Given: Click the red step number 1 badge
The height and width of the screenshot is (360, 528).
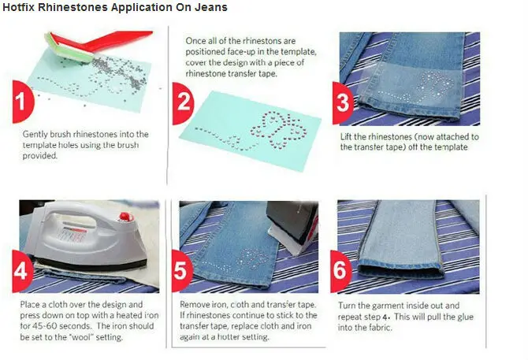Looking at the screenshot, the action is tap(22, 102).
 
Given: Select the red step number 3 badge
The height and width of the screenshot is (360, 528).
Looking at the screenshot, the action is tap(342, 103).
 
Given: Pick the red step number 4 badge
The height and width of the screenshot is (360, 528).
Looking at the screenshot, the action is tap(22, 271).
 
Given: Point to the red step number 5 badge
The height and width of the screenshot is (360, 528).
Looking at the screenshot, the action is tap(181, 271).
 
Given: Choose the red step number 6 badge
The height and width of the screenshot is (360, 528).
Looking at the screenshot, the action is tap(340, 271).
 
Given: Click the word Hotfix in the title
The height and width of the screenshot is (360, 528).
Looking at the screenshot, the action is tap(18, 7).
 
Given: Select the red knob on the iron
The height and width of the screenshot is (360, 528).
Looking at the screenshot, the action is tap(125, 217).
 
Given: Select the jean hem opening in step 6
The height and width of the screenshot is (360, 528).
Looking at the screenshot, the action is tap(400, 270).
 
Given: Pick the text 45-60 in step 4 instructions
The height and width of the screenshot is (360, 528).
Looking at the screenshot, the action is tap(45, 326).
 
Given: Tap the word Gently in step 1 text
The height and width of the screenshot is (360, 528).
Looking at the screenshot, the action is tap(35, 135).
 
